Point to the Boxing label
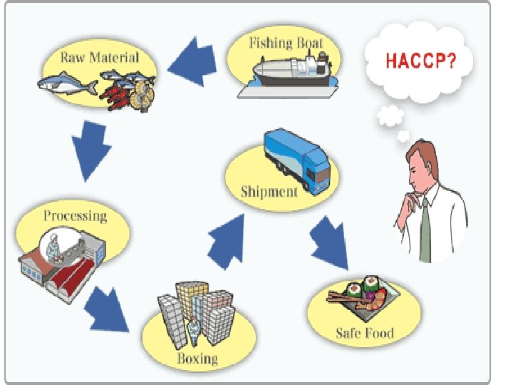[197, 357]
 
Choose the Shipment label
[269, 191]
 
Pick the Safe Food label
[365, 333]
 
